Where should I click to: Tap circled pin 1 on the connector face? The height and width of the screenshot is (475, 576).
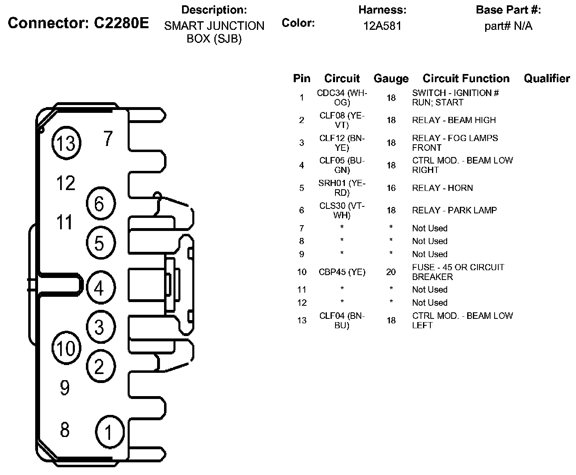tap(109, 432)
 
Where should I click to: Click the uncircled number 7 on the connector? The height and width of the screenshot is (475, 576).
tap(108, 139)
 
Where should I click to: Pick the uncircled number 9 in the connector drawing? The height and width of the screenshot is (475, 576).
tap(65, 388)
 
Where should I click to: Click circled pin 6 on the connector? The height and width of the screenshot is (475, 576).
tap(100, 204)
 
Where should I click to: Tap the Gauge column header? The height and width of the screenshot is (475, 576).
tap(391, 78)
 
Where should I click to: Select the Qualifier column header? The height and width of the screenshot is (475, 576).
tap(547, 78)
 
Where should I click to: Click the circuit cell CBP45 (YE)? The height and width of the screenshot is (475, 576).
tap(342, 272)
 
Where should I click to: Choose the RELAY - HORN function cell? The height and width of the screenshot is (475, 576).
tap(442, 188)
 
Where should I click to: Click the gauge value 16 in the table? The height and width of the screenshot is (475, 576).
tap(391, 188)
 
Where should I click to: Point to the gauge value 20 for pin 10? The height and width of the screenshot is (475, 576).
tap(391, 272)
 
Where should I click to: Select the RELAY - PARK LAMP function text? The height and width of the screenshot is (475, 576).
tap(454, 210)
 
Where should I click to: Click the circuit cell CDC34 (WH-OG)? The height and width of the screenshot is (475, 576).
tap(342, 98)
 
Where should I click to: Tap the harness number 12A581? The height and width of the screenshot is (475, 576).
tap(382, 26)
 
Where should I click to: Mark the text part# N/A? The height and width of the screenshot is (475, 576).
tap(508, 26)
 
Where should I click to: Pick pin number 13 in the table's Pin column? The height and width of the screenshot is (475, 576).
tap(301, 320)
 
